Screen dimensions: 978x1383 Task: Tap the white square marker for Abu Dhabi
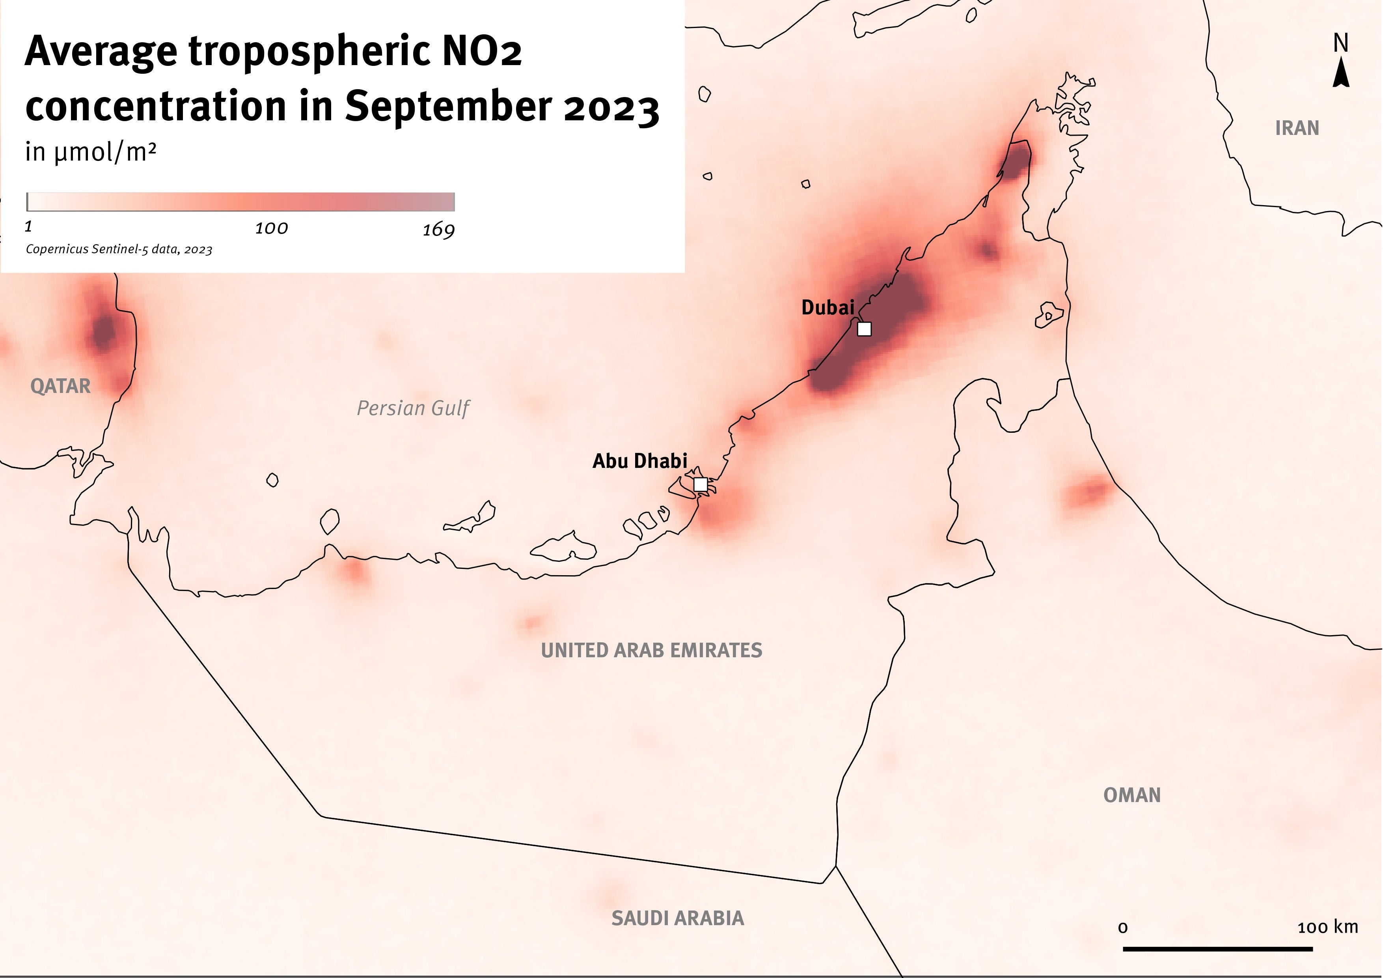700,484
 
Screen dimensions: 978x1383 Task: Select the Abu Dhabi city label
640,461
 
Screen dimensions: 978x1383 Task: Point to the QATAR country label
60,386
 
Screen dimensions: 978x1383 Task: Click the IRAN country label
1297,128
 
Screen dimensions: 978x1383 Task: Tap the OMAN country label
1131,795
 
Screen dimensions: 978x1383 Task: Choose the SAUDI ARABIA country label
678,918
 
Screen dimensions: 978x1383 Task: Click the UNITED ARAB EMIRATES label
651,650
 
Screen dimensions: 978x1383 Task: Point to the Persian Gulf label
413,409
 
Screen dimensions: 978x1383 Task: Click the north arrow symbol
1340,75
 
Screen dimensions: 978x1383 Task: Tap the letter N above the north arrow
1340,43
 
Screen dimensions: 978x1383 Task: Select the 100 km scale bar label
1327,927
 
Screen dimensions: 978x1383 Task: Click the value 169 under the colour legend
438,230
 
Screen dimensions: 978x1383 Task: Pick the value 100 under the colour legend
271,228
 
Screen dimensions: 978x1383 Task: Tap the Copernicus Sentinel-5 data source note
119,249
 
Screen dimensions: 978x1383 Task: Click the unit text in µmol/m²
90,152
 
